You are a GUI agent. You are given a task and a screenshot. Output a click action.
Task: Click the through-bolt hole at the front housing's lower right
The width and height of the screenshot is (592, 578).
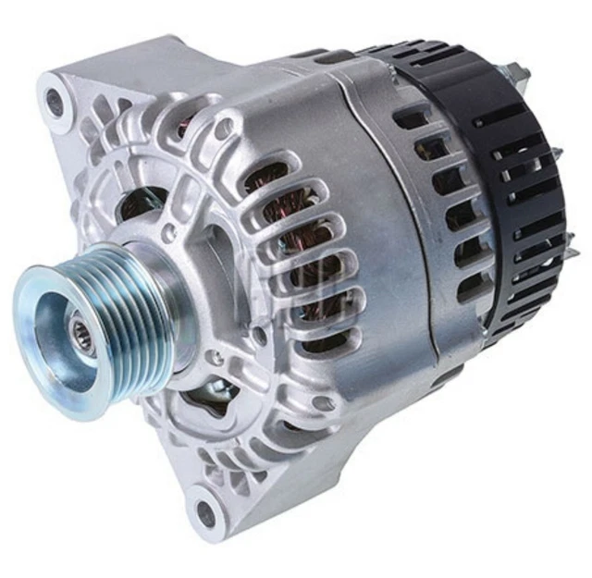coord(321,403)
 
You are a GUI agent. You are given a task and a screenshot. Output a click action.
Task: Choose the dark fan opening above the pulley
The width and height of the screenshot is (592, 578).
coord(143,199)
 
